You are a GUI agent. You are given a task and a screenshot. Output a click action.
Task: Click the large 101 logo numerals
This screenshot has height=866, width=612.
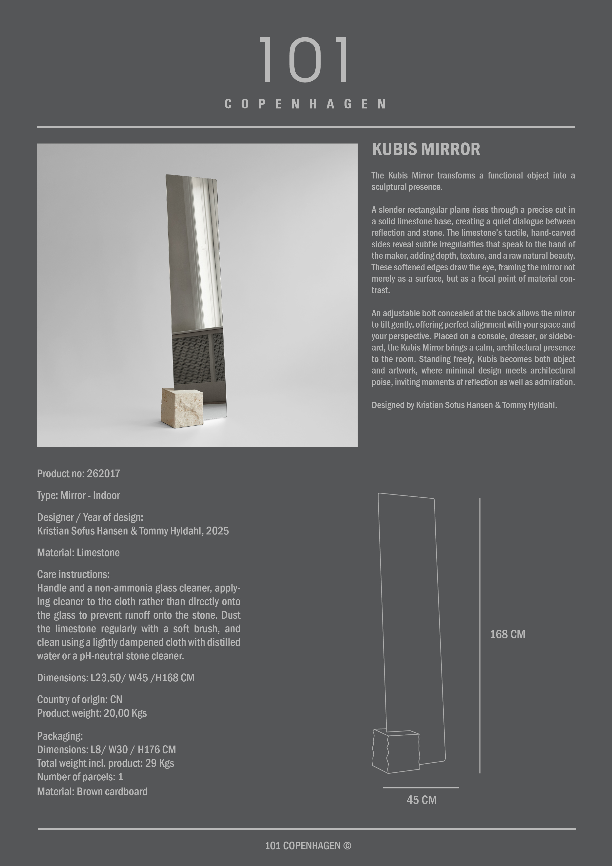(305, 59)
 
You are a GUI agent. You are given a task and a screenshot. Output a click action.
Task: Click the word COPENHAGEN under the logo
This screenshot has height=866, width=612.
(306, 104)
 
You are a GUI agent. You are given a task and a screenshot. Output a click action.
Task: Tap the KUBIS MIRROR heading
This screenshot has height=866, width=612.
(426, 149)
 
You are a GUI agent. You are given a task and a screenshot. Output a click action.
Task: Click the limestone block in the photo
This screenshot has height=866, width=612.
(182, 408)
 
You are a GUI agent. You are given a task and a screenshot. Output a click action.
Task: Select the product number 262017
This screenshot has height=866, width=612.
(103, 474)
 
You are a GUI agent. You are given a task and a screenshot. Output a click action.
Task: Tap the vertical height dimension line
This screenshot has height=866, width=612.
(480, 634)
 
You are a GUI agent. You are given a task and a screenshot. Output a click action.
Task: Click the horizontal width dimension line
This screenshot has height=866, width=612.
(421, 787)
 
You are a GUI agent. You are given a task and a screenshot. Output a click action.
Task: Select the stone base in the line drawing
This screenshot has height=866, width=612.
(396, 751)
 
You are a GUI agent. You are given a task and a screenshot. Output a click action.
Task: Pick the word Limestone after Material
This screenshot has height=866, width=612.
(98, 553)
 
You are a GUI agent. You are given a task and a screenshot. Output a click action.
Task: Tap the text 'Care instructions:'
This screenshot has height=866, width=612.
(73, 574)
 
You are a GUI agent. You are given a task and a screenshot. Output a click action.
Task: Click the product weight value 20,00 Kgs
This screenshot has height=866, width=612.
(125, 713)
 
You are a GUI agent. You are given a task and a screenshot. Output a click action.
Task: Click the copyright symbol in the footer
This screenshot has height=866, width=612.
(347, 846)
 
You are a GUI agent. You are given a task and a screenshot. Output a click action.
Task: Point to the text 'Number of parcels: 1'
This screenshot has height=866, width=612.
(80, 777)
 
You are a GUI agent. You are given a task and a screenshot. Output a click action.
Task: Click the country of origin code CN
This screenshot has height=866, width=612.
(116, 700)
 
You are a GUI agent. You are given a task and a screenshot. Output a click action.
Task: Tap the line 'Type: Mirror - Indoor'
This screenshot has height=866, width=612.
(78, 496)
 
